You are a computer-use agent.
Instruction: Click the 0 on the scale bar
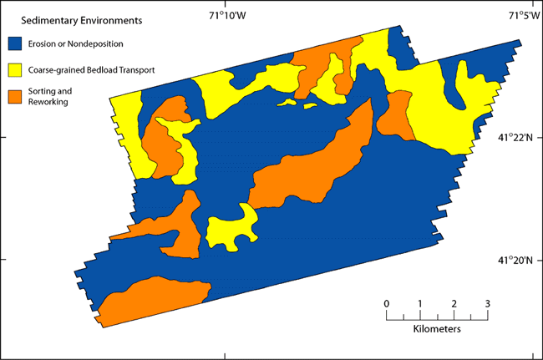click(386, 302)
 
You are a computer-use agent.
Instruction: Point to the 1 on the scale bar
click(419, 302)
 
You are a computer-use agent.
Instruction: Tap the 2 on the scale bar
click(454, 302)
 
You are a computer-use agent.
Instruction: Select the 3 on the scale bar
click(487, 302)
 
